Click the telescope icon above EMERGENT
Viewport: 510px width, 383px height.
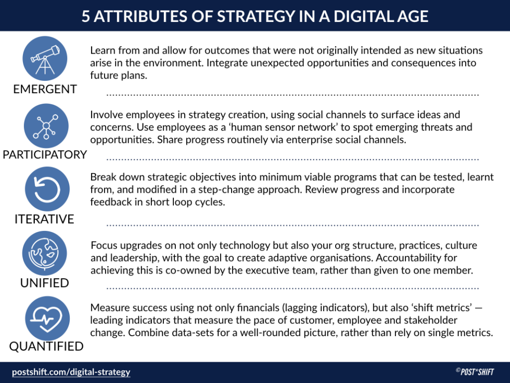(45, 58)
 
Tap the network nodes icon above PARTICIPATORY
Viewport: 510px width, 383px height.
(46, 125)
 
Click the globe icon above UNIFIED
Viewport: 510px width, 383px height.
(45, 253)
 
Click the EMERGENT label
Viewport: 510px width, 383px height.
(45, 89)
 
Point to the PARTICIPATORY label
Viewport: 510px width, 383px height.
(45, 154)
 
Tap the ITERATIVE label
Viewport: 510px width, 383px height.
(44, 219)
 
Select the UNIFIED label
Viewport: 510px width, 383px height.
(45, 283)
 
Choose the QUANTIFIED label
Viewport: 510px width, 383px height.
(46, 347)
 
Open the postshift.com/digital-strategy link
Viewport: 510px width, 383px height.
(71, 372)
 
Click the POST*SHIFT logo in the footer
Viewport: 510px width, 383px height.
(476, 372)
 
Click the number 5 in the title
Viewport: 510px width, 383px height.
(86, 16)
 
